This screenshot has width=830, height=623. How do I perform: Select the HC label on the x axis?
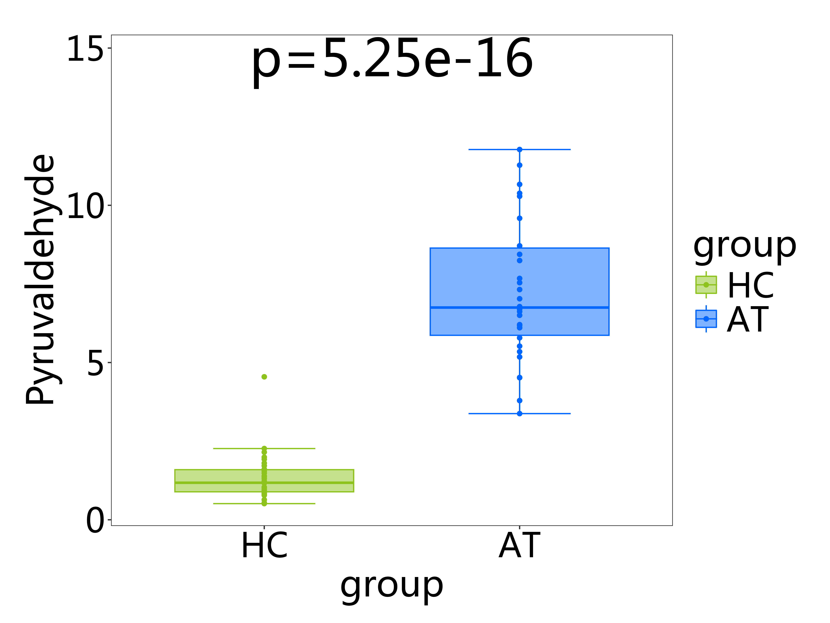click(x=264, y=546)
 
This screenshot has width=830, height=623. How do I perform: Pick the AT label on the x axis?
click(x=519, y=546)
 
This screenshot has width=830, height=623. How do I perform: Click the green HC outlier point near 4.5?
click(x=264, y=377)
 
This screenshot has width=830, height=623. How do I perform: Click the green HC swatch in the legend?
click(x=706, y=285)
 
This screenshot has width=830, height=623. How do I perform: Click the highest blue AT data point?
click(x=519, y=149)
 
